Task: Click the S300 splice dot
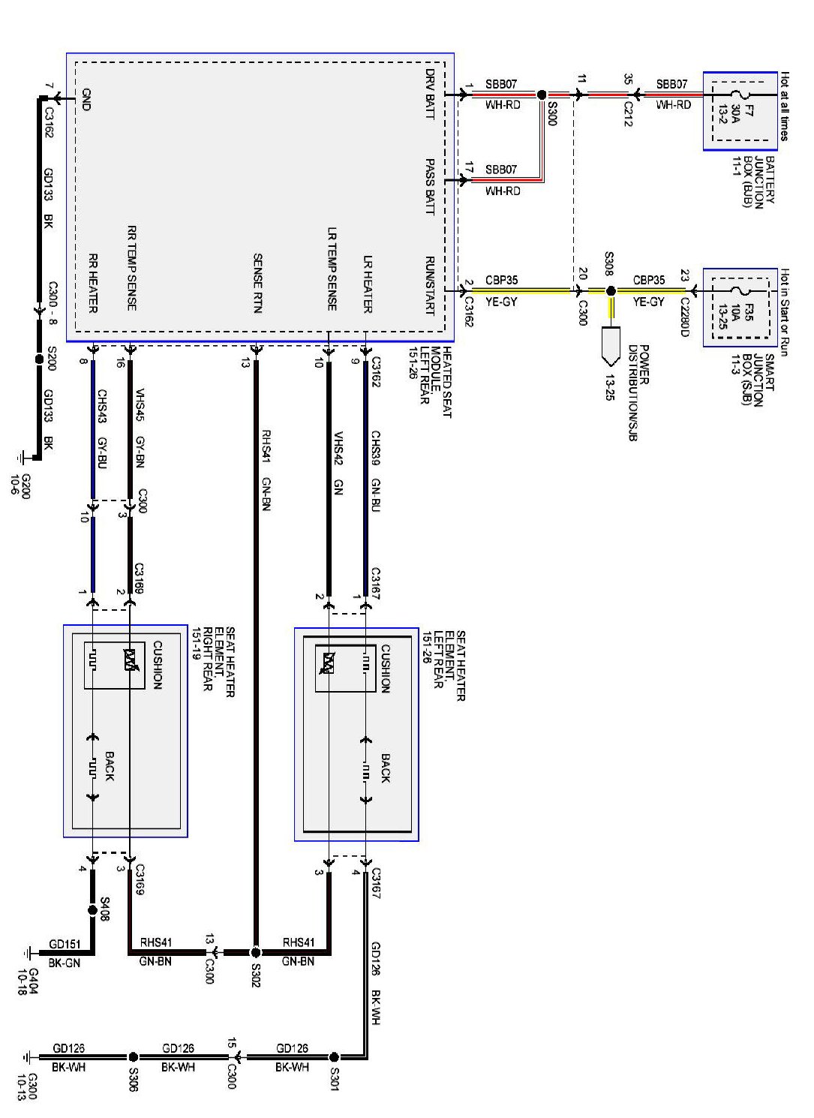pos(542,95)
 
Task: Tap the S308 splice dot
pos(611,290)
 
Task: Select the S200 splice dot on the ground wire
pos(40,359)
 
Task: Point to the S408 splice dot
pos(92,910)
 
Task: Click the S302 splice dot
pos(255,952)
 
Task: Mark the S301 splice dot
pos(334,1057)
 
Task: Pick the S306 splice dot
pos(134,1057)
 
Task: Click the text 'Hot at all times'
pos(784,106)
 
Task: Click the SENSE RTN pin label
pos(257,283)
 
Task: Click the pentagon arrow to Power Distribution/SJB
pos(611,345)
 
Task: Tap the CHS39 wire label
pos(375,448)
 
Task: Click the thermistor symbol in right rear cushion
pos(131,660)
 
